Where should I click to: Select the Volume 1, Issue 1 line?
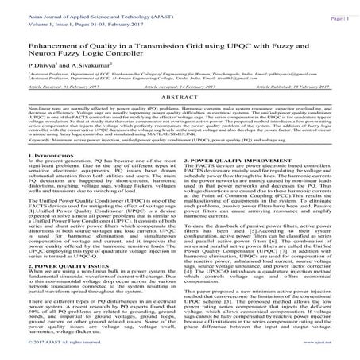[x=68, y=24]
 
